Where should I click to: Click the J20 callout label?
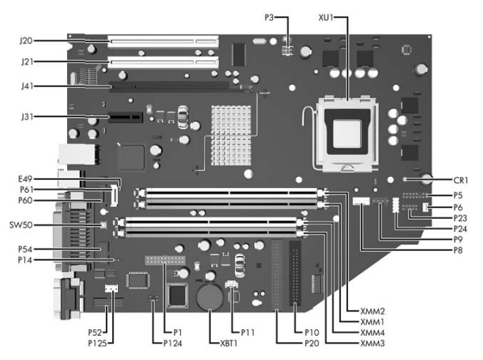26,40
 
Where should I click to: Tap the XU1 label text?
325,18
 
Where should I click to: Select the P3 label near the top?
269,18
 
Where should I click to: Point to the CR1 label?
460,180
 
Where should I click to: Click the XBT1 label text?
229,343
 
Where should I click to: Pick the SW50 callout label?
21,225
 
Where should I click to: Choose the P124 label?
173,343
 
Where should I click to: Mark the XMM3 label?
372,343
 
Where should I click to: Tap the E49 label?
25,179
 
